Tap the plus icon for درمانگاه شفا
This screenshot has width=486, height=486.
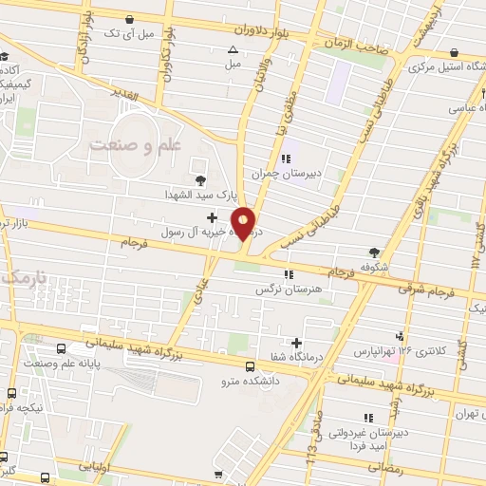[297, 343]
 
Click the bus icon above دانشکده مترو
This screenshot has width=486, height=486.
[250, 366]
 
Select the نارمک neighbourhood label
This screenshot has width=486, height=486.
[23, 277]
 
